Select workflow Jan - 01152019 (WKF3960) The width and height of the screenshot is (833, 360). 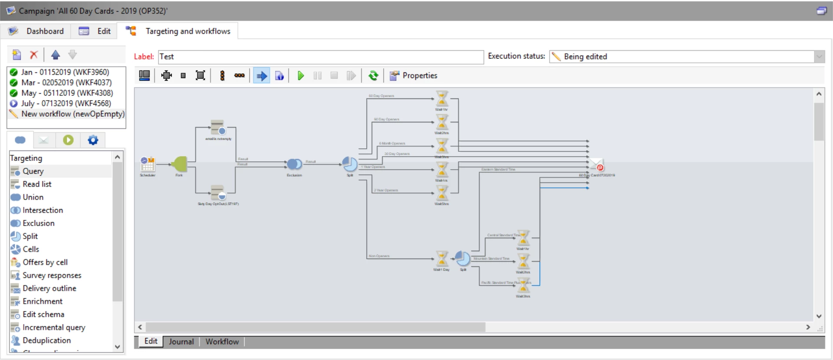(x=65, y=72)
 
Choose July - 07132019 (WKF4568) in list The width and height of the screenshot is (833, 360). (x=66, y=103)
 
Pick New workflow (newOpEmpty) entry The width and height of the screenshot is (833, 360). (x=72, y=114)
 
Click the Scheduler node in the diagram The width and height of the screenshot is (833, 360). (x=148, y=164)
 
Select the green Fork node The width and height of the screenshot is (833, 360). (x=180, y=164)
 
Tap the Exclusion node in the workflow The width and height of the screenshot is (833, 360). (x=294, y=164)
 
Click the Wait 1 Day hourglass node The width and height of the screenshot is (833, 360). (x=442, y=259)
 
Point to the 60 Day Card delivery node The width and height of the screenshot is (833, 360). (x=597, y=165)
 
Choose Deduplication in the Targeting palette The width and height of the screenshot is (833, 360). (x=46, y=340)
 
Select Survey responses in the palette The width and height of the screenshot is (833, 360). (x=52, y=275)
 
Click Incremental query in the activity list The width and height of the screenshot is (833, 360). (x=54, y=327)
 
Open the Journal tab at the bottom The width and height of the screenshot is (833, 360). (x=181, y=342)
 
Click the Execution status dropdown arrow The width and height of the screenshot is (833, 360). (x=819, y=56)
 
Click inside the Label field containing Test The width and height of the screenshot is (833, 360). (x=321, y=57)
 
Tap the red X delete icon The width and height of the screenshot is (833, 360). (x=33, y=55)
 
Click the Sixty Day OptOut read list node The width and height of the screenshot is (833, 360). (x=218, y=193)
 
